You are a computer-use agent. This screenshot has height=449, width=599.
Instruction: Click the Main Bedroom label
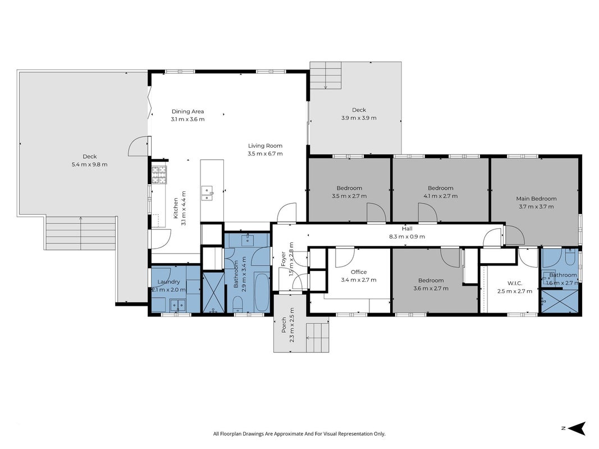536,199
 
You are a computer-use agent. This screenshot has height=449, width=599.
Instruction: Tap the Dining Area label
188,112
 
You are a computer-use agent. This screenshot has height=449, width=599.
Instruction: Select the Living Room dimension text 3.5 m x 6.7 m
265,153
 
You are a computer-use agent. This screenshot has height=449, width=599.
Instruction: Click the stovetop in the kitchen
159,175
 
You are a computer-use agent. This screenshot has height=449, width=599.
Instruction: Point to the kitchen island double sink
207,193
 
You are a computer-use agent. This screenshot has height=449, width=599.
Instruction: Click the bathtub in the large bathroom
262,292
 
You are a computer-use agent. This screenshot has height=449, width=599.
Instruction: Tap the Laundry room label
168,282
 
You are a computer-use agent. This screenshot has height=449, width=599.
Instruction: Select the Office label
359,272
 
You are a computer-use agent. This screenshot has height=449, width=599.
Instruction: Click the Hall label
407,228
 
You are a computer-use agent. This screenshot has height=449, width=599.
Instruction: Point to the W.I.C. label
515,283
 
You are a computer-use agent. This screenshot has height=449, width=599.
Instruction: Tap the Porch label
284,325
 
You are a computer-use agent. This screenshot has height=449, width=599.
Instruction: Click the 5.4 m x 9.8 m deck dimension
89,164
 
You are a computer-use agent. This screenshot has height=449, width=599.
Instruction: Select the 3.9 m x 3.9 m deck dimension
359,118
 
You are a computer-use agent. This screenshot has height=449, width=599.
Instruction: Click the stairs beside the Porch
317,338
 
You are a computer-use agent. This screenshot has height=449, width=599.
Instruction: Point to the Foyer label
284,259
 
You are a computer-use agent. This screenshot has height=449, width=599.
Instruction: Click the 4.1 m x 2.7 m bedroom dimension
441,196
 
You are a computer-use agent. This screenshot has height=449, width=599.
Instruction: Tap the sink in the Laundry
177,305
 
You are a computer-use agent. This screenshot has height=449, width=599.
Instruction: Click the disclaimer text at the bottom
299,434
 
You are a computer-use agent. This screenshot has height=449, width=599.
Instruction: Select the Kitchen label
176,208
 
